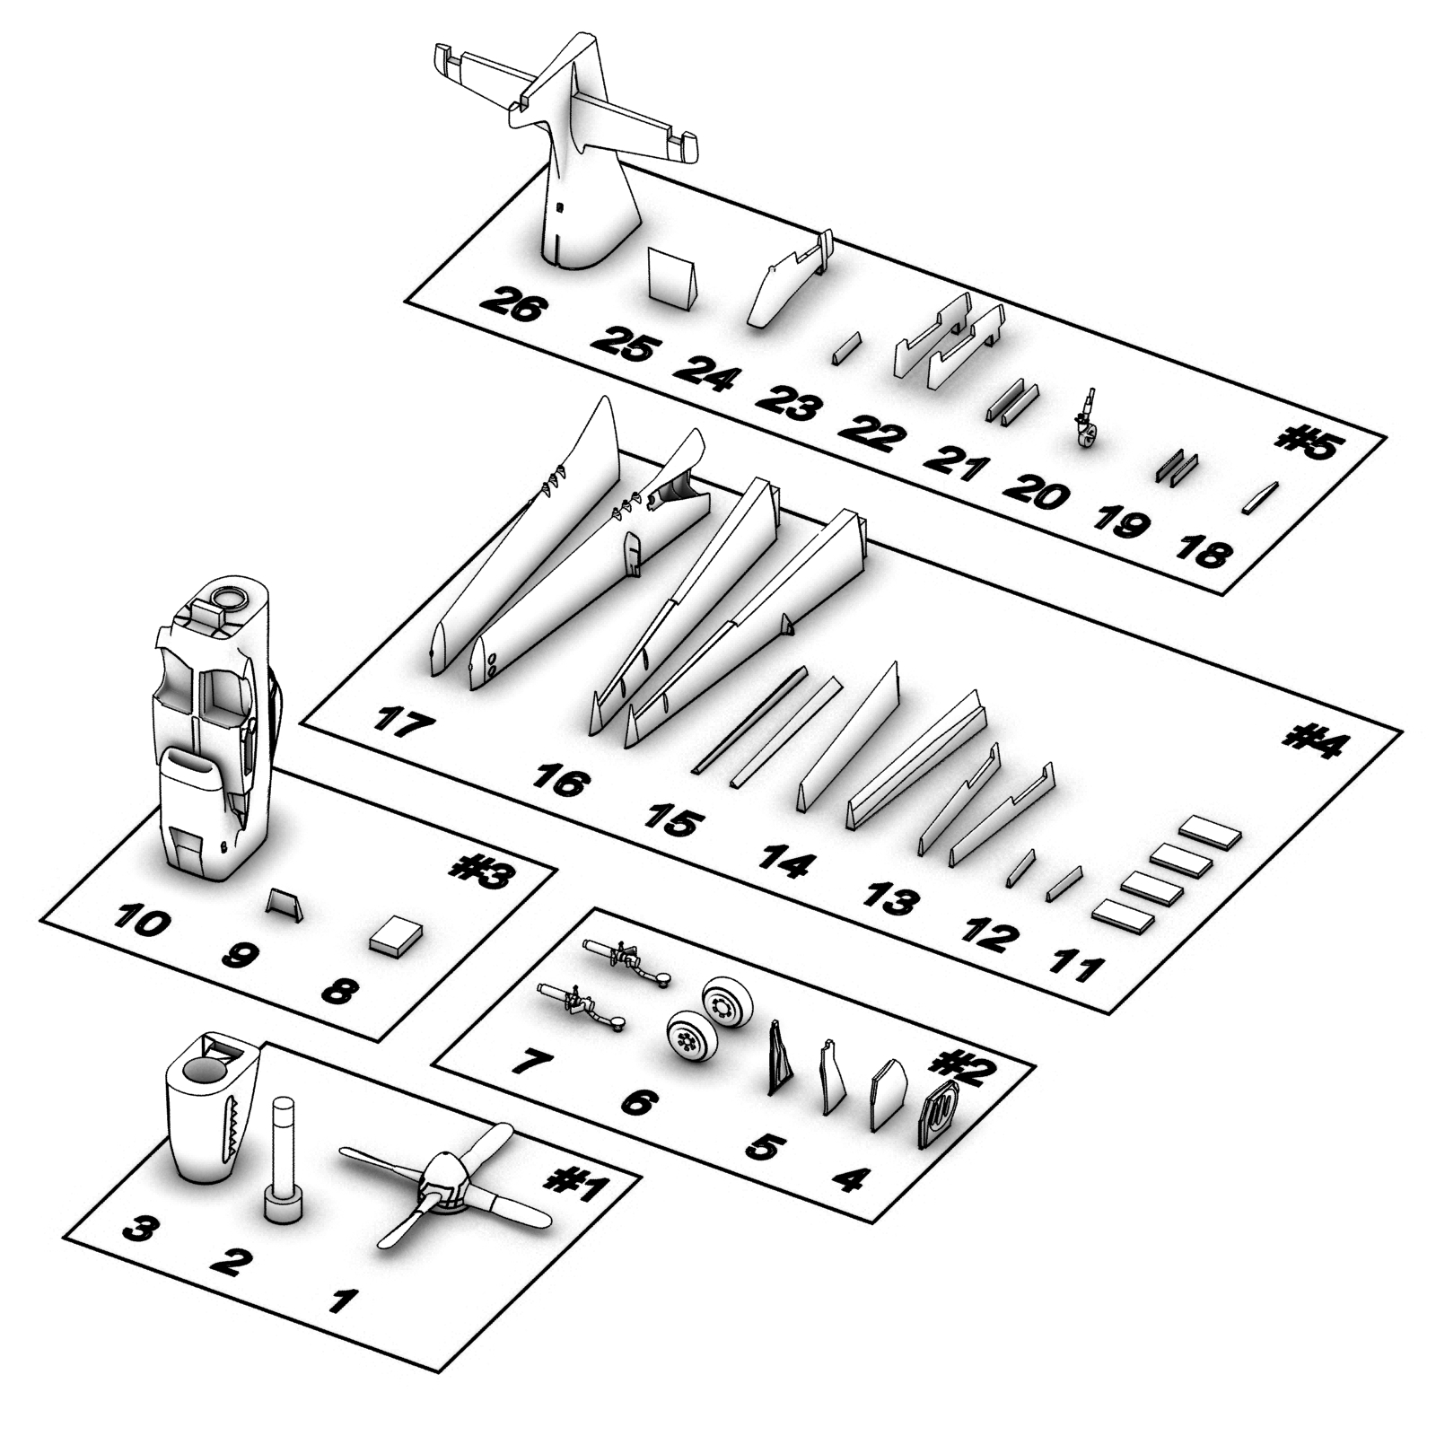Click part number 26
click(512, 304)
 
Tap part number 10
click(141, 921)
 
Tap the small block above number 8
click(396, 938)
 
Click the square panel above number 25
click(672, 277)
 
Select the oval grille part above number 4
click(939, 1114)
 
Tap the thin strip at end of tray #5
click(1260, 497)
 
